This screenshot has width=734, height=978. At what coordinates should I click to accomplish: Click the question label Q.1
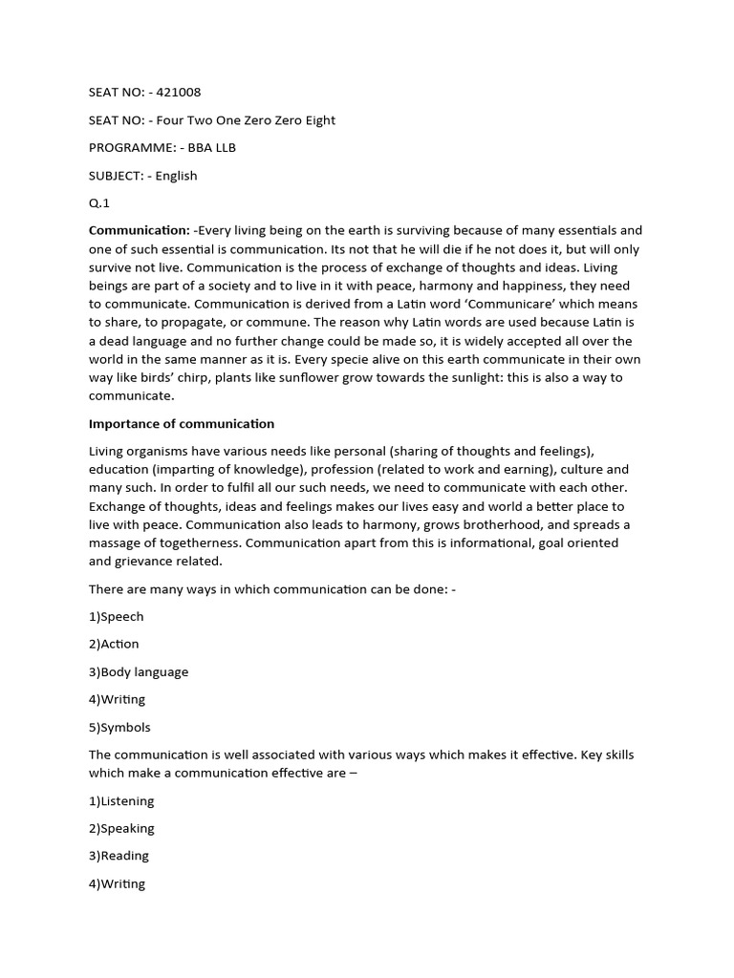pos(99,203)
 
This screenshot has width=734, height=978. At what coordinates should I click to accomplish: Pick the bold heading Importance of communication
pos(182,423)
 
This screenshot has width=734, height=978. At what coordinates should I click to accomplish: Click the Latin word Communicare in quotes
pos(544,304)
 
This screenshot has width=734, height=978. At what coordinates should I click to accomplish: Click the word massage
pos(115,542)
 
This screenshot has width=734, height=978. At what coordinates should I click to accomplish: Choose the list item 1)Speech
pos(117,617)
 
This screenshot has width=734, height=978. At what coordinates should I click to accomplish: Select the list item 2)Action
pos(114,644)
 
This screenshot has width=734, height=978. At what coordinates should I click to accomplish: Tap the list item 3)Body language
pos(139,671)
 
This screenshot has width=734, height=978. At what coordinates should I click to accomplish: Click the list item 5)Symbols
pos(119,727)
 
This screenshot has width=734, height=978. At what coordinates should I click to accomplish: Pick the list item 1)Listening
pos(121,801)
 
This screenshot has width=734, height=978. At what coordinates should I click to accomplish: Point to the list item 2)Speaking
pos(121,828)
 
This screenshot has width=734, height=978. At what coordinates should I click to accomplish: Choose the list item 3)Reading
pos(119,856)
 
